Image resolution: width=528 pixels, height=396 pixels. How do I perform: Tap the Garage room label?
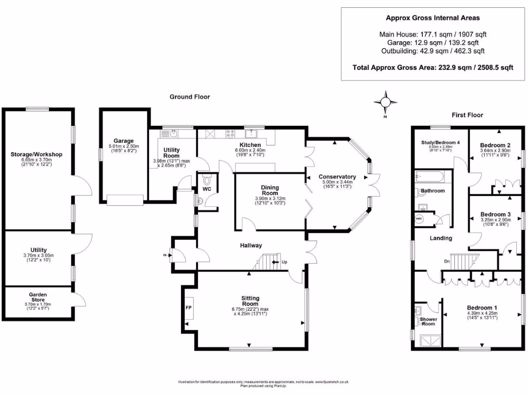coord(124,140)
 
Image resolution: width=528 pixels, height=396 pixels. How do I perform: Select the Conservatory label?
coord(337,176)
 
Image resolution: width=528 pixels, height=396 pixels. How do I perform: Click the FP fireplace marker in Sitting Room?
coord(188,307)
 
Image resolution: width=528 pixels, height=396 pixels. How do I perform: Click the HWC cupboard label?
coord(419,219)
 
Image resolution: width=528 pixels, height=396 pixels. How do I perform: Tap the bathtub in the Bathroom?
coord(432,177)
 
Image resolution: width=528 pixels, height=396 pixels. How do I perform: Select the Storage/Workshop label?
coord(37,154)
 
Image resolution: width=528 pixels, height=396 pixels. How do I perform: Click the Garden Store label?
coord(37,297)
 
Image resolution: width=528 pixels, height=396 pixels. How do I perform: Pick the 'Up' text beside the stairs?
coord(284,262)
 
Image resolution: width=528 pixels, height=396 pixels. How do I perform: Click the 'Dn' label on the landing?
coord(447,261)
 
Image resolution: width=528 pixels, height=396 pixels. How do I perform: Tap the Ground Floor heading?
coord(190,97)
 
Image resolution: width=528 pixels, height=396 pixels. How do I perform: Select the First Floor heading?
coord(467,115)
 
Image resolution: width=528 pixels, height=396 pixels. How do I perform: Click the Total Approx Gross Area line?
coord(433,68)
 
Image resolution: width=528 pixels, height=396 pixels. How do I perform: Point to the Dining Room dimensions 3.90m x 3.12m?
coord(270,199)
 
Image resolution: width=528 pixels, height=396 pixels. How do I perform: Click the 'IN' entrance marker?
coord(165,254)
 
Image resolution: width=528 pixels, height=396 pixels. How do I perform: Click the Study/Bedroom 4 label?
coord(440,142)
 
